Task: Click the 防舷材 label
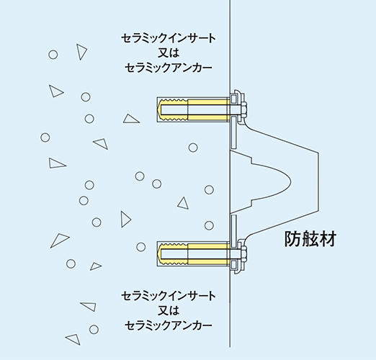tap(310, 239)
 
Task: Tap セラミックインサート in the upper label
tap(169, 38)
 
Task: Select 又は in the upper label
tap(169, 53)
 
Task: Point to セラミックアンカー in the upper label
tap(169, 68)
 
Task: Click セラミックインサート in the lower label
tap(169, 296)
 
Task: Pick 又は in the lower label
tap(169, 310)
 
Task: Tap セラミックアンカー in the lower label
tap(169, 325)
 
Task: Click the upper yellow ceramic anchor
tap(194, 109)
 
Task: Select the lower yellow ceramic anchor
tap(194, 254)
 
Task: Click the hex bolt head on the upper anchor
tap(244, 110)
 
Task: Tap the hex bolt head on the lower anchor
tap(244, 254)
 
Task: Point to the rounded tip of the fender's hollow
tap(291, 182)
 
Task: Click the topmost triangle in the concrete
tap(81, 51)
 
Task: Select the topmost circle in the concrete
tap(53, 55)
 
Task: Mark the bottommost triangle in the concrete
tap(73, 339)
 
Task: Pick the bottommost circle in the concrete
tap(94, 329)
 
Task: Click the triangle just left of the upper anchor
tap(131, 119)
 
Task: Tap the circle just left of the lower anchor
tap(141, 247)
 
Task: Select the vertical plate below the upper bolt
tap(233, 132)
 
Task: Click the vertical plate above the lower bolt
tap(233, 231)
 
